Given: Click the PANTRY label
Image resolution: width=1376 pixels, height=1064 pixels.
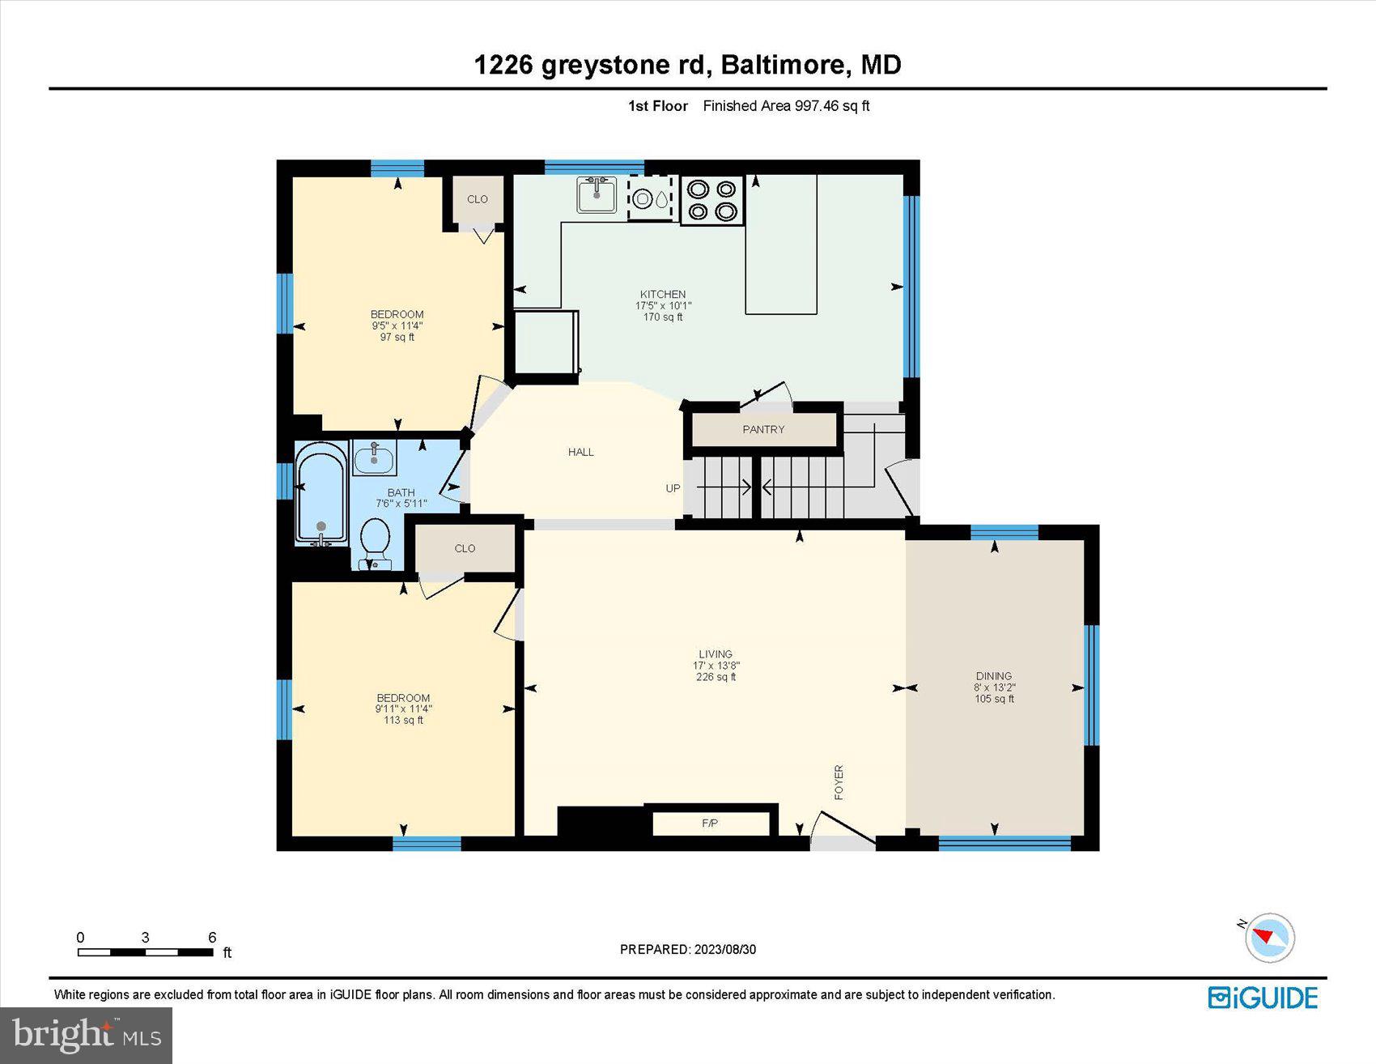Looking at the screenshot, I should tap(763, 429).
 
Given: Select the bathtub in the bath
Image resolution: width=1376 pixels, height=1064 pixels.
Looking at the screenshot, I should tap(321, 494).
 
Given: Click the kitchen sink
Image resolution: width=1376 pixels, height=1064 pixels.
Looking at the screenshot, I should tap(597, 194).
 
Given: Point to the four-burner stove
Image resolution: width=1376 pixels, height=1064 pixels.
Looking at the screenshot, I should tap(712, 200).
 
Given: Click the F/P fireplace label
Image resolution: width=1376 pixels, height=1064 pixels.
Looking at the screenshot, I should tap(710, 824).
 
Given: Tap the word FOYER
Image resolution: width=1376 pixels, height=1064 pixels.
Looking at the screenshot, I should tap(839, 781).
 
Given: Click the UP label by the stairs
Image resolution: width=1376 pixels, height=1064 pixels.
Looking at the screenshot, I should tap(673, 488).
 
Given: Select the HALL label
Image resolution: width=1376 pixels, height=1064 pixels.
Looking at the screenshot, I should tap(580, 452).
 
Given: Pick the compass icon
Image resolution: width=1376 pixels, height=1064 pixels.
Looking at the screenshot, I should tap(1269, 938).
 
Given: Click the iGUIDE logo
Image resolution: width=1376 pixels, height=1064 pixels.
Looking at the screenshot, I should tap(1263, 998).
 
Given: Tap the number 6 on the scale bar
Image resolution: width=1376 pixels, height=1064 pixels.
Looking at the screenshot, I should tap(212, 938).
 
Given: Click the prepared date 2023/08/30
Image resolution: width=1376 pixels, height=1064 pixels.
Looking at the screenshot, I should tap(724, 949).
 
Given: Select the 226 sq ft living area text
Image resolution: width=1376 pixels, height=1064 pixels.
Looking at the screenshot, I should tap(716, 677).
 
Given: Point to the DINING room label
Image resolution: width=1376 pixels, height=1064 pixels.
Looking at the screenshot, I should tap(993, 675).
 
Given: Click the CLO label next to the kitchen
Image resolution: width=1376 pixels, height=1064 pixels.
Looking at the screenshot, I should tap(477, 199).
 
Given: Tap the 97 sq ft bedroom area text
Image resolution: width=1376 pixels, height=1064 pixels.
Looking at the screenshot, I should tap(397, 337).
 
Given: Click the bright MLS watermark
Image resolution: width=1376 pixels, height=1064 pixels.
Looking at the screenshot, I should tap(86, 1035).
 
